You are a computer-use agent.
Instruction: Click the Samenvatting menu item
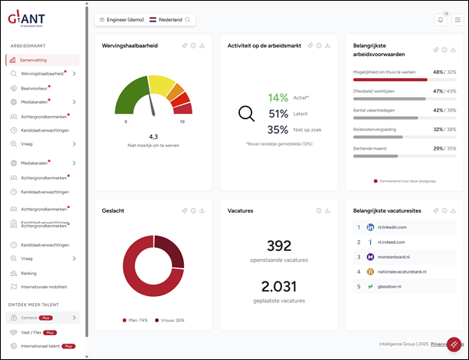pos(39,60)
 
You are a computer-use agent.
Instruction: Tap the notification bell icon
pos(439,19)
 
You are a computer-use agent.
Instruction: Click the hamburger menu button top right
pos(457,19)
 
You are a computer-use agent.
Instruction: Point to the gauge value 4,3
pos(153,136)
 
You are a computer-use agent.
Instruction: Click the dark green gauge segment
pos(130,100)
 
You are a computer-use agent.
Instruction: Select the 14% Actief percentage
pos(278,97)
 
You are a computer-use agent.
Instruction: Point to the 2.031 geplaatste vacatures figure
pos(277,286)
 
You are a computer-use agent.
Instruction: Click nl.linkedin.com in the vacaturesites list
pos(393,227)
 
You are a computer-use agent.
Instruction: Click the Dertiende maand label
pos(374,147)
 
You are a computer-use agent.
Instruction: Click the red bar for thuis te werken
pos(390,79)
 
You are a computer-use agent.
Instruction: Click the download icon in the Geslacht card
pos(201,210)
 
